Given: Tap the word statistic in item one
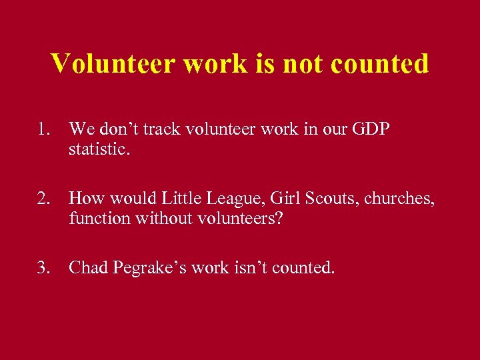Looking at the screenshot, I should pos(99,149).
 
